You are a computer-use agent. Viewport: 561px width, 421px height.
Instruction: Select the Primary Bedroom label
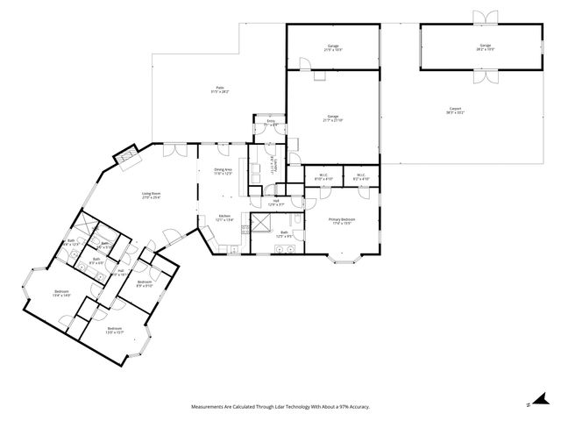(341, 220)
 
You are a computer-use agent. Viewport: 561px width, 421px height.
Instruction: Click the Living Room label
(152, 195)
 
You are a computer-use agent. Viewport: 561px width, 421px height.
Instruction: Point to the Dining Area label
(223, 171)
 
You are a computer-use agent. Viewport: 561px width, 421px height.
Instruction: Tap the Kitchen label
(224, 218)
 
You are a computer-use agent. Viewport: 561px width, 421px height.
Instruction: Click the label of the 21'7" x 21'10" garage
(333, 118)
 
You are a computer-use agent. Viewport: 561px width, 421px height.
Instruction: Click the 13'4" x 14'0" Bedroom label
(61, 293)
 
